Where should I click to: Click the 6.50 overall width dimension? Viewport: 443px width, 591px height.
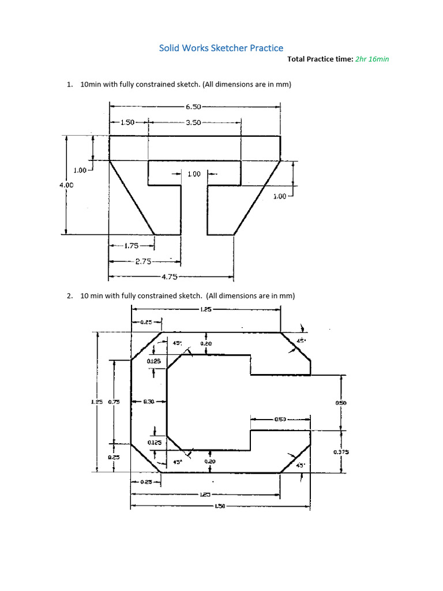click(193, 107)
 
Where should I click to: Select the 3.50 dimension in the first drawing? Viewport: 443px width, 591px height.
click(193, 122)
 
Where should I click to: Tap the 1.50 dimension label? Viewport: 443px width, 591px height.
click(127, 122)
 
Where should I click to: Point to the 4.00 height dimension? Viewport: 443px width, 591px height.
click(66, 185)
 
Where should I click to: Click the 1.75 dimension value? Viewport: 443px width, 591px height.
click(132, 245)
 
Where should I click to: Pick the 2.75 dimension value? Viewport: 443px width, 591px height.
click(143, 261)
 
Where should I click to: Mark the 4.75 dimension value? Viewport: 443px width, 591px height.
click(168, 277)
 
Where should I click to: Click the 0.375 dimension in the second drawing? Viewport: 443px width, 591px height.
click(341, 452)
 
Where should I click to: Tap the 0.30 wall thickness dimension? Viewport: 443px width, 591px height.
click(148, 402)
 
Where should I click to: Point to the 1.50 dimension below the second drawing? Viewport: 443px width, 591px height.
click(220, 506)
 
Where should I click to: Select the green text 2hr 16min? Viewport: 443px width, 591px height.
click(373, 59)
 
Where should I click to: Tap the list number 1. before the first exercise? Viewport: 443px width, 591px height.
click(70, 84)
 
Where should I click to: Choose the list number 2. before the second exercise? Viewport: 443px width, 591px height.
click(70, 295)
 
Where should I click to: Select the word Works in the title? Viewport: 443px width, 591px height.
click(194, 48)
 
